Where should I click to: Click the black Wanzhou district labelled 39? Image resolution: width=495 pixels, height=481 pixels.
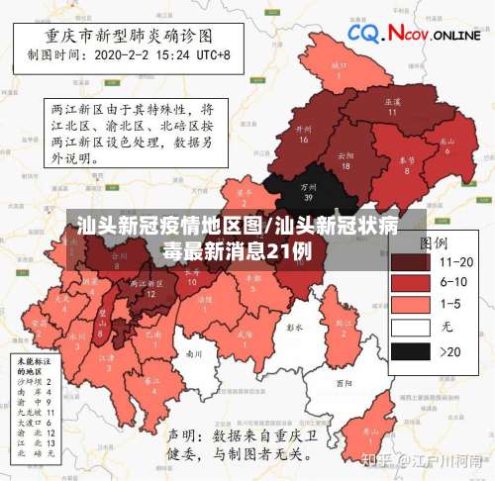click(308, 192)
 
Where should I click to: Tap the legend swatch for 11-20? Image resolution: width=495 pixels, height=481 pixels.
click(410, 261)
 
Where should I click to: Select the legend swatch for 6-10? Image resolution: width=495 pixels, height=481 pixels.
click(410, 283)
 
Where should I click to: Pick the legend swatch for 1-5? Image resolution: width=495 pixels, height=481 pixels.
click(410, 305)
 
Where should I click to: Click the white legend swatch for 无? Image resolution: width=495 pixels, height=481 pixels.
click(410, 327)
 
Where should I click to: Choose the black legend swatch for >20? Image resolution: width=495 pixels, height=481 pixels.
click(410, 349)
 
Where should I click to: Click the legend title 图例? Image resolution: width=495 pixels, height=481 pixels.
click(433, 242)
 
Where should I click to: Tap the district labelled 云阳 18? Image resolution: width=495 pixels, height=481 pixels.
click(345, 160)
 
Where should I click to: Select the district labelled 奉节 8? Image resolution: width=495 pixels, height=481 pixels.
click(406, 163)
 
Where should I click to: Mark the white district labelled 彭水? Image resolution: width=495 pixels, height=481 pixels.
click(293, 327)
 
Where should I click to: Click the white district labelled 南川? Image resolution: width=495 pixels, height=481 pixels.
click(194, 353)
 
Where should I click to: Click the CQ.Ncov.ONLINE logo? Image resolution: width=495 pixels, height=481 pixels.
click(415, 36)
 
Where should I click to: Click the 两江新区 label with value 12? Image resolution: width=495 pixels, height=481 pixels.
click(148, 288)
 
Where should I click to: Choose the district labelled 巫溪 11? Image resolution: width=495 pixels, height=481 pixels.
click(391, 106)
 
